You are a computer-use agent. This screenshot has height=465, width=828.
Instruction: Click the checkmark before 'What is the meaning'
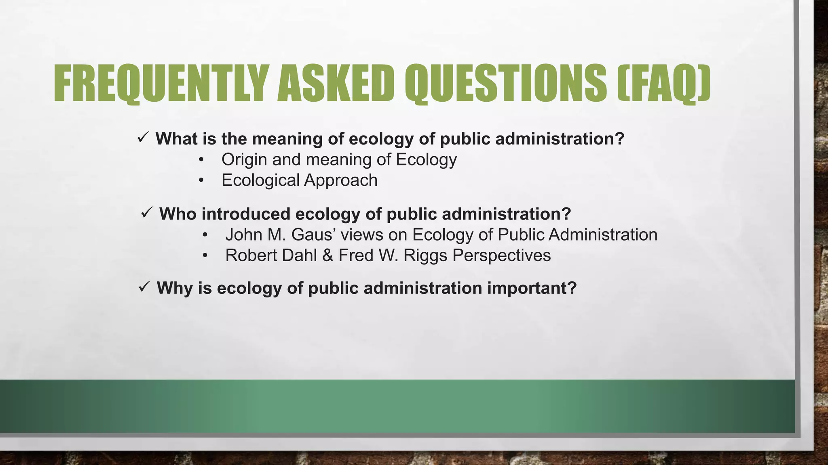point(143,138)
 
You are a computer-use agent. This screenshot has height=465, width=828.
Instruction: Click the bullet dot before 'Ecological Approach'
point(201,180)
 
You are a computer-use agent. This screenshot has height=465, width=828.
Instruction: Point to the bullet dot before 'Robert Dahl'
point(205,256)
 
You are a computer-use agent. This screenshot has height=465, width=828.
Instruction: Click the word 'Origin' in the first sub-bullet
point(244,159)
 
